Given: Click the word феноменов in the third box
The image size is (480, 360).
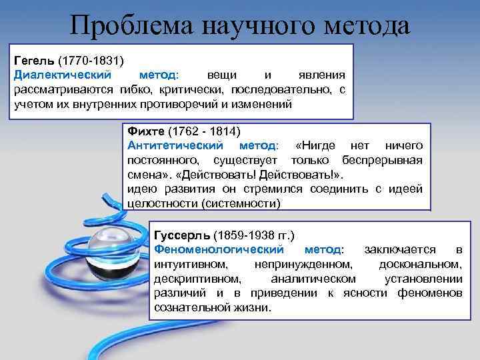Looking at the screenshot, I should coord(431,293).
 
